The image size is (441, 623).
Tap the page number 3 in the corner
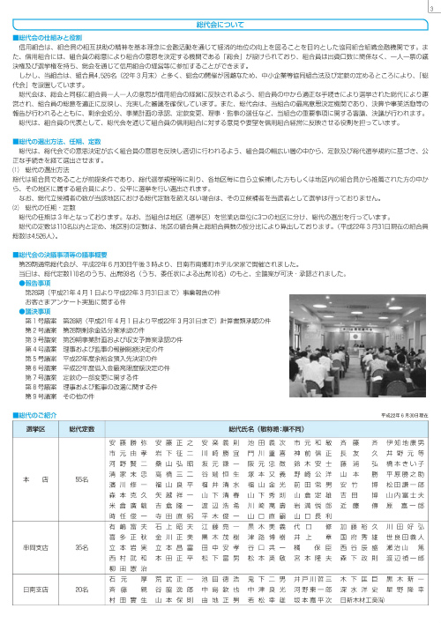pos(432,10)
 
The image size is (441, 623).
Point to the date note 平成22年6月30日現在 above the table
pos(407,438)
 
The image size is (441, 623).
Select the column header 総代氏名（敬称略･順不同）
pos(265,450)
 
